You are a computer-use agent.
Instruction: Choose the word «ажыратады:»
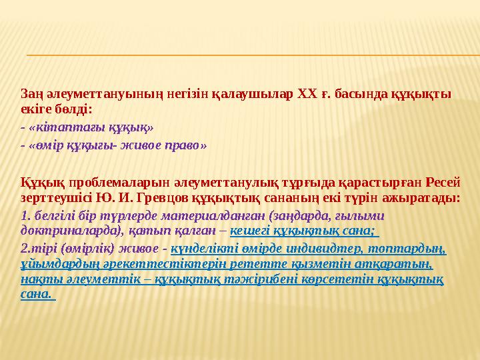point(427,198)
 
